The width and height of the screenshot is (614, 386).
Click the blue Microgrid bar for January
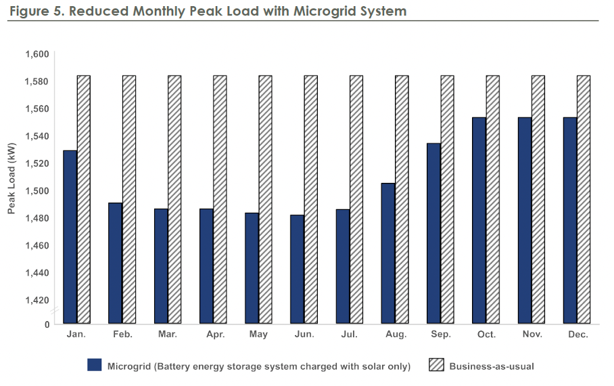coord(70,237)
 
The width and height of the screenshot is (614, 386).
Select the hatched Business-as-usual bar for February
coord(129,199)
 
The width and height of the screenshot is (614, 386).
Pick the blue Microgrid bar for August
coord(388,253)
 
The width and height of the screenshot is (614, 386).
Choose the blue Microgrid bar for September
coord(433,233)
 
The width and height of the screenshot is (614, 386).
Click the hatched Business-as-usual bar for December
coord(584,199)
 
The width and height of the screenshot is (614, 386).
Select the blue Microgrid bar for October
coord(479,220)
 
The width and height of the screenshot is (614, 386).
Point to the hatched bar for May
coord(265,199)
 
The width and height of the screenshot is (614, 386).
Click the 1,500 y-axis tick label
coord(37,191)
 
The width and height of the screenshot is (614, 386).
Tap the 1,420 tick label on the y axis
coord(37,300)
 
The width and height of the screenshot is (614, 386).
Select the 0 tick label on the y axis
coord(47,324)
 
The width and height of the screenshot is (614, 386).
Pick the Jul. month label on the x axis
coord(350,335)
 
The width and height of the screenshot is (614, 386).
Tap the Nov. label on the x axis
coord(532,335)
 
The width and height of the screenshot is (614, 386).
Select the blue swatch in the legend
coord(94,366)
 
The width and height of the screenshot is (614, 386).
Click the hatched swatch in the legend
coord(437,366)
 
